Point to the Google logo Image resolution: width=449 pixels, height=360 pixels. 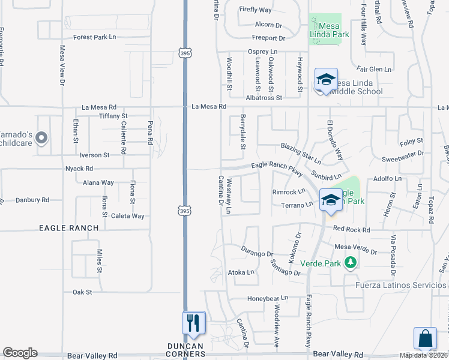(x=20, y=353)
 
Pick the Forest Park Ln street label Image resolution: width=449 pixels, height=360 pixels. (x=94, y=37)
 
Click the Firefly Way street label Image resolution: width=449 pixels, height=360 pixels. (x=256, y=10)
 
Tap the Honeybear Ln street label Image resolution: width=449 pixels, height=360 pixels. (x=268, y=298)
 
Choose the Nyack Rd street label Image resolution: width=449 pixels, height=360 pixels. (x=79, y=169)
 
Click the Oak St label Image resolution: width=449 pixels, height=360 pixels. (x=82, y=292)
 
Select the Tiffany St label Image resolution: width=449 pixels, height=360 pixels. (x=113, y=116)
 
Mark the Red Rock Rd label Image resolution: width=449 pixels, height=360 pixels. (x=352, y=229)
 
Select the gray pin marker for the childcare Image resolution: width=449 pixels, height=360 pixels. (x=41, y=139)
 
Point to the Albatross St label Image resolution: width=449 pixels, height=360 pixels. (x=264, y=97)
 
